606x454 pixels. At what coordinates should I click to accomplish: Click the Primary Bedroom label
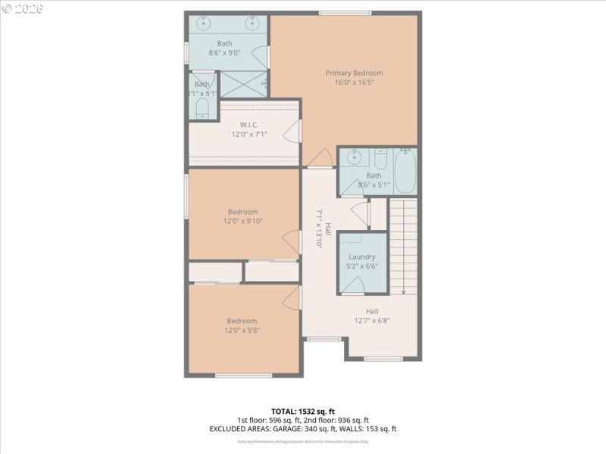(354, 73)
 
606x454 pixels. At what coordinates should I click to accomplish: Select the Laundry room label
(362, 257)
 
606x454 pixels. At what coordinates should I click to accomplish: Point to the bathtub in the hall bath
(405, 171)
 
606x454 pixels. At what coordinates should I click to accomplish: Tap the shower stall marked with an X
(242, 82)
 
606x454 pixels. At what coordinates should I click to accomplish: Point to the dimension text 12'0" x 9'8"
(242, 331)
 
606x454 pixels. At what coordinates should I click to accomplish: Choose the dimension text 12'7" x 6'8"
(372, 321)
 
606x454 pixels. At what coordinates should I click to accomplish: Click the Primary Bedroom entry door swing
(320, 157)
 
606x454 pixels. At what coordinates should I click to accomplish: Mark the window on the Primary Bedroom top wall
(345, 13)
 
